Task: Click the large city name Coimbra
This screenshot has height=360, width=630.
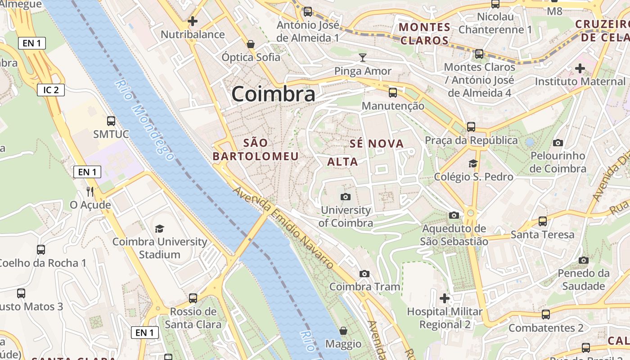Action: pos(273,94)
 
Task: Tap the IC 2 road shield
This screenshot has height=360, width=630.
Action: pos(51,90)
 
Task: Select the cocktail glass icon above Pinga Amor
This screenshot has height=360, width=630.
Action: pos(363,57)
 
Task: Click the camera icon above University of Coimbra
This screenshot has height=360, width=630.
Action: pos(346,197)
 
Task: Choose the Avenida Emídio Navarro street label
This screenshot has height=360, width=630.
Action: pos(283,227)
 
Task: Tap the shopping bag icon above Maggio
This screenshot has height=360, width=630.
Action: pos(343,331)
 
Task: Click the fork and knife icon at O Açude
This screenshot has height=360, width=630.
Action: pos(90,192)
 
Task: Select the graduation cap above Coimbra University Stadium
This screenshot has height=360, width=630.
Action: pos(160,229)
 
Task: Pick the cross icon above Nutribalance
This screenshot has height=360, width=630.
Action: pos(193,21)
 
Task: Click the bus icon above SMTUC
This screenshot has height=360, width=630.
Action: pos(111,121)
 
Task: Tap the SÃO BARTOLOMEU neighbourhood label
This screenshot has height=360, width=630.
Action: pos(256,149)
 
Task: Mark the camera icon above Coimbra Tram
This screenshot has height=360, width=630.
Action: pos(364,274)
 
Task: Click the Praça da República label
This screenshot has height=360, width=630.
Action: pos(471,140)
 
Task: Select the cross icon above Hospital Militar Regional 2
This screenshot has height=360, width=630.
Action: pos(445,298)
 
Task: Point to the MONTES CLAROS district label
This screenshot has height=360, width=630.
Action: pos(425,34)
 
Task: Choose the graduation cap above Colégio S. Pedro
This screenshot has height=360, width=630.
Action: pos(473,163)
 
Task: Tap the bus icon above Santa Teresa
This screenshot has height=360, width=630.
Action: pos(543,221)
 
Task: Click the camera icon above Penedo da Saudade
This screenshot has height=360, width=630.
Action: pos(584,260)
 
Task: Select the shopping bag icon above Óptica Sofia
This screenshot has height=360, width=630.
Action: pos(251,44)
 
